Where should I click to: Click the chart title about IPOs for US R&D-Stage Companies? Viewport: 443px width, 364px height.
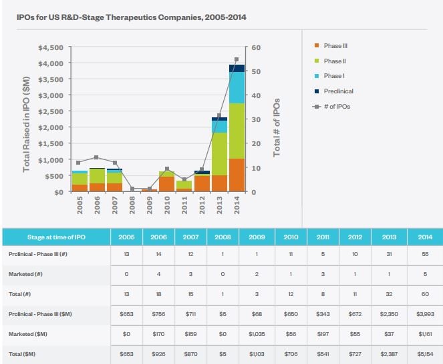coord(131,17)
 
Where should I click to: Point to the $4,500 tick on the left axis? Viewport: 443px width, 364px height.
coord(51,47)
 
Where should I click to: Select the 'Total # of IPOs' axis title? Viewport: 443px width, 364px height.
coord(276,127)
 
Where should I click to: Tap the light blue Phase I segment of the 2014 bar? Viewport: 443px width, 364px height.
coord(237,87)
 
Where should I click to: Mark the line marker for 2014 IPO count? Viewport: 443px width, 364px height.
coord(237,59)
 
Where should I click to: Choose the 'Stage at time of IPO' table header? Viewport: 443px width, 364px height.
coord(49,237)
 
